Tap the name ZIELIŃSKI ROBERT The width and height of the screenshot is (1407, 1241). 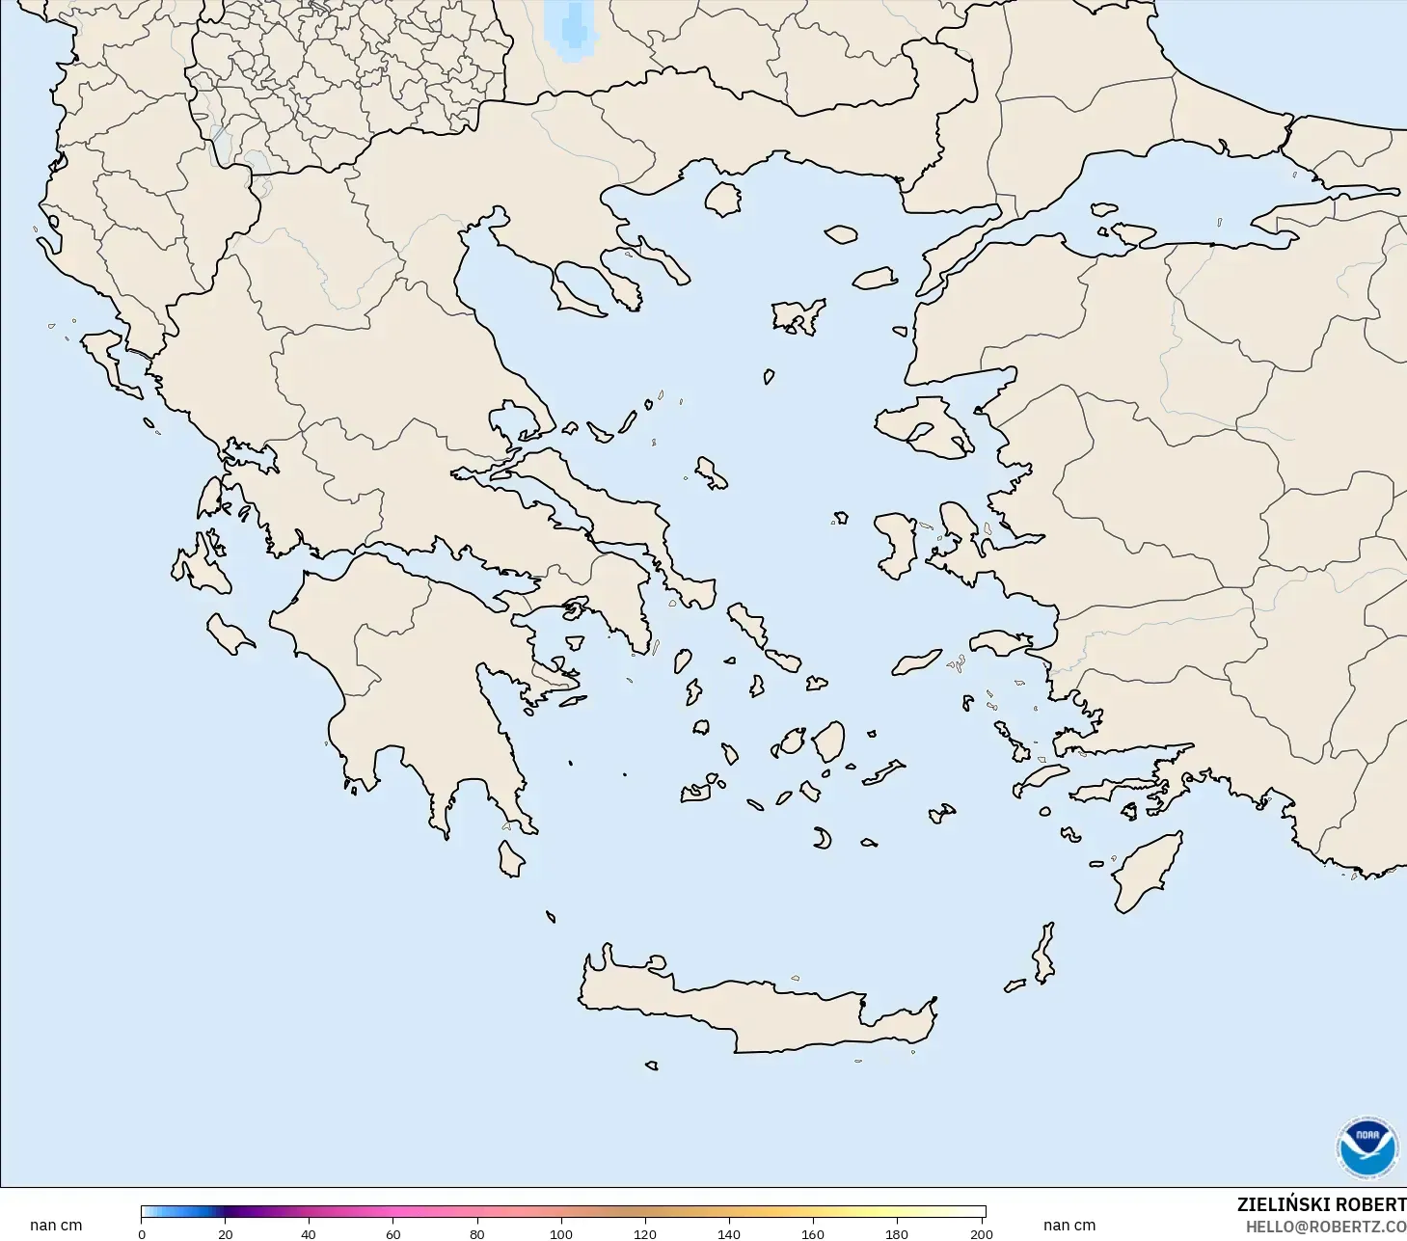(1321, 1204)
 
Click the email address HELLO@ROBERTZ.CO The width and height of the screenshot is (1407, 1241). (1325, 1227)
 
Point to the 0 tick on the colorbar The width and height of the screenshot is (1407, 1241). (142, 1233)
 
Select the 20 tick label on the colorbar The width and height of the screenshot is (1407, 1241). (225, 1233)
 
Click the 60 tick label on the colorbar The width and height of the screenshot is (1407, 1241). (392, 1233)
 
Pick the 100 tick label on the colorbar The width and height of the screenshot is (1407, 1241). (560, 1233)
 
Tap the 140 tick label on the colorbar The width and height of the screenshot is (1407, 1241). (728, 1233)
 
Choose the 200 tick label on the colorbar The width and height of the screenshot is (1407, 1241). (981, 1233)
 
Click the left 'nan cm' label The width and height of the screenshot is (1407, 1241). (56, 1226)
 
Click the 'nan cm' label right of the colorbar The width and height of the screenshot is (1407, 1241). (1069, 1226)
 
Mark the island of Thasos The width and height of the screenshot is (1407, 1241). (722, 199)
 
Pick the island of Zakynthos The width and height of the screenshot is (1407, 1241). (229, 634)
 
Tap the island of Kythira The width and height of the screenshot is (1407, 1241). (510, 858)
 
